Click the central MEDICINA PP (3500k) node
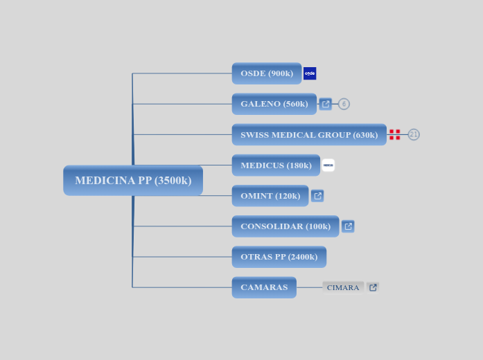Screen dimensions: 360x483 pyautogui.click(x=133, y=181)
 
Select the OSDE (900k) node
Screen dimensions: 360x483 pyautogui.click(x=267, y=73)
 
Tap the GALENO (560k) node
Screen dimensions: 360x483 pyautogui.click(x=274, y=104)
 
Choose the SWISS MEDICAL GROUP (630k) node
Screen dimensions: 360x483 pyautogui.click(x=309, y=134)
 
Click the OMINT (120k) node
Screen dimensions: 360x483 pyautogui.click(x=270, y=196)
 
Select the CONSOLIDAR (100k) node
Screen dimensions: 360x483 pyautogui.click(x=286, y=226)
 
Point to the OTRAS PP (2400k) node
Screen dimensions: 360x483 pyautogui.click(x=279, y=257)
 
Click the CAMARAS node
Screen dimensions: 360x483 pyautogui.click(x=264, y=287)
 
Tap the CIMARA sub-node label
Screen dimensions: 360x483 pyautogui.click(x=343, y=287)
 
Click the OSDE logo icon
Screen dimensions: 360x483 pyautogui.click(x=310, y=73)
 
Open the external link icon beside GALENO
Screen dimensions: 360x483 pyautogui.click(x=326, y=104)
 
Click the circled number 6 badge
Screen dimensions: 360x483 pyautogui.click(x=344, y=104)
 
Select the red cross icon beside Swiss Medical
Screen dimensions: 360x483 pyautogui.click(x=394, y=134)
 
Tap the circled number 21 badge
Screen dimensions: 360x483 pyautogui.click(x=414, y=134)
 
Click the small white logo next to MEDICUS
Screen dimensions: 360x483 pyautogui.click(x=328, y=165)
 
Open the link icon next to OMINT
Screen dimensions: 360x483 pyautogui.click(x=317, y=196)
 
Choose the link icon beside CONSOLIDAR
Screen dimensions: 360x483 pyautogui.click(x=348, y=226)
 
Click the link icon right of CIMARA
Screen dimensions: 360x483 pyautogui.click(x=373, y=287)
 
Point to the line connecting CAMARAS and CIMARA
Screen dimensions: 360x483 pyautogui.click(x=309, y=287)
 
